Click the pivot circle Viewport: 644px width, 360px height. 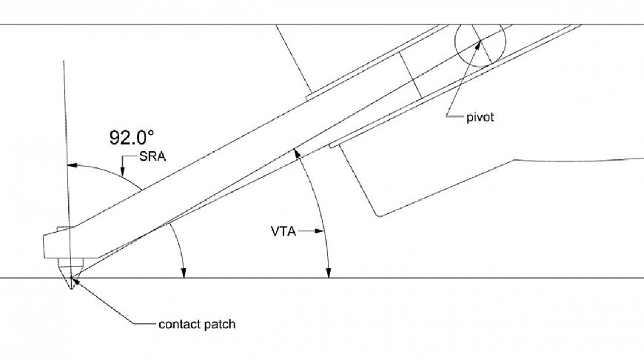(479, 43)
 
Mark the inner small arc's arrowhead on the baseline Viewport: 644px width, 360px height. (183, 274)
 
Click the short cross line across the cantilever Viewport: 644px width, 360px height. (409, 74)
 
